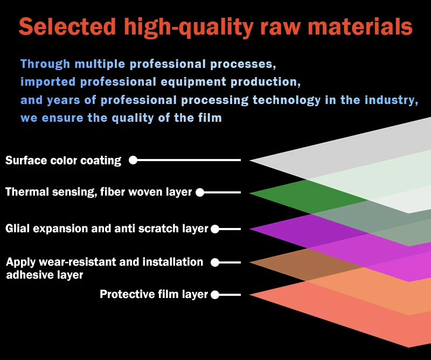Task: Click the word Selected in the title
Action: pyautogui.click(x=67, y=26)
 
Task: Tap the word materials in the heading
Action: pyautogui.click(x=360, y=26)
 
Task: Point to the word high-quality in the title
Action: pyautogui.click(x=189, y=27)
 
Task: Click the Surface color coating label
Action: pyautogui.click(x=63, y=161)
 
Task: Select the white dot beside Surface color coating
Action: pyautogui.click(x=133, y=160)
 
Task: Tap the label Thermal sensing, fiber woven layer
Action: pyautogui.click(x=99, y=192)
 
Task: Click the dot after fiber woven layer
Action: pyautogui.click(x=200, y=192)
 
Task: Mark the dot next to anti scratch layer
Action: pyautogui.click(x=215, y=229)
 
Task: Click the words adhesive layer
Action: pyautogui.click(x=45, y=275)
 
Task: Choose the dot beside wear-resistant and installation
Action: pyautogui.click(x=215, y=262)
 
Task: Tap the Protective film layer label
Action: pyautogui.click(x=154, y=294)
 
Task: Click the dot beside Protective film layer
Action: pyautogui.click(x=215, y=295)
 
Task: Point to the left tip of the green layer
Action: pyautogui.click(x=249, y=193)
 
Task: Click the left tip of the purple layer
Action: pyautogui.click(x=249, y=229)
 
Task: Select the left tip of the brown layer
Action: pyautogui.click(x=249, y=262)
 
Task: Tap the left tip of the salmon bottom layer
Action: pyautogui.click(x=249, y=295)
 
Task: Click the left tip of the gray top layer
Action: pyautogui.click(x=249, y=160)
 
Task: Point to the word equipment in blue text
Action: pyautogui.click(x=193, y=82)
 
